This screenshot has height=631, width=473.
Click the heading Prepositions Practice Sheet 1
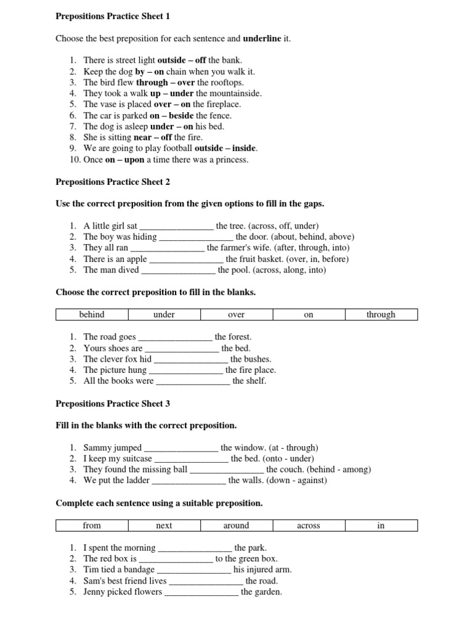[113, 16]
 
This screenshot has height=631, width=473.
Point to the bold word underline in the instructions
[262, 38]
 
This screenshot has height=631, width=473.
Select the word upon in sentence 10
[134, 160]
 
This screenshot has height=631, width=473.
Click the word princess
[230, 160]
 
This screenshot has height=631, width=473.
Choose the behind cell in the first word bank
[92, 314]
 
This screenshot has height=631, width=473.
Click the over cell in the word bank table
[236, 314]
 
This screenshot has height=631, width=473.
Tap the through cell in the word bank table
[381, 314]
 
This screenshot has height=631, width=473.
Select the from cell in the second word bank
[92, 526]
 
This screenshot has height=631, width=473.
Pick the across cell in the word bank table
[309, 526]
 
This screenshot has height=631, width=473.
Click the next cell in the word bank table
[164, 526]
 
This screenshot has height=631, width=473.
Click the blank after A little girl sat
[177, 226]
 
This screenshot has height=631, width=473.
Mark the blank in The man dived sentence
[179, 271]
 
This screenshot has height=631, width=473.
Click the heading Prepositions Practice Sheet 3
[113, 404]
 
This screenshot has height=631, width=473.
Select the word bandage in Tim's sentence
[139, 569]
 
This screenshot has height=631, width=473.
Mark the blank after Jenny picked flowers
[201, 592]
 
